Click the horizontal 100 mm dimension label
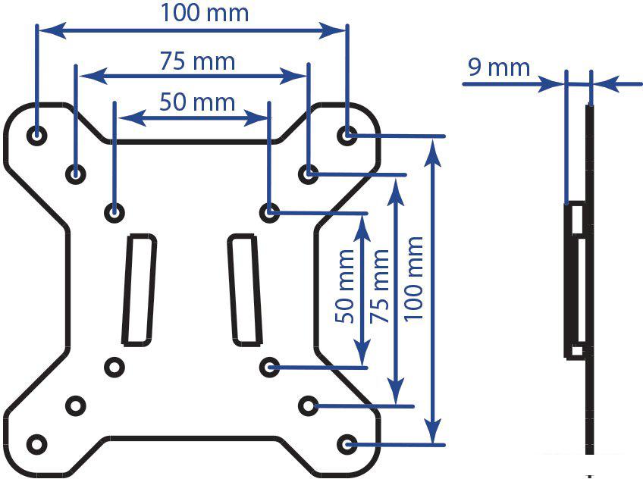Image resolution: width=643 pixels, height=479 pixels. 204,13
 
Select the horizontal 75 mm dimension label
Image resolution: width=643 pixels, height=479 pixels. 197,61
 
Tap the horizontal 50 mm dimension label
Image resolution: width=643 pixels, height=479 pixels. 197,102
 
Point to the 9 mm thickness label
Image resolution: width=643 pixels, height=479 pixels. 499,67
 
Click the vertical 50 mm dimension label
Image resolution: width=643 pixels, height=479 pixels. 344,286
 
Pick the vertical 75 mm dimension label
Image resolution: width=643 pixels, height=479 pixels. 379,286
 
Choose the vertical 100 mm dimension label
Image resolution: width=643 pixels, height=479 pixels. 413,279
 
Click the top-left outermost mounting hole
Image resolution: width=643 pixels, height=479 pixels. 36,135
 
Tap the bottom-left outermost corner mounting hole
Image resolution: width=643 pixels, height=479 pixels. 37,444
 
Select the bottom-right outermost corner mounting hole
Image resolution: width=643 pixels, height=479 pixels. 347,444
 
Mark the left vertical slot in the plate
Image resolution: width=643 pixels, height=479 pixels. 140,290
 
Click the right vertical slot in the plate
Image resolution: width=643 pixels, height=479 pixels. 245,290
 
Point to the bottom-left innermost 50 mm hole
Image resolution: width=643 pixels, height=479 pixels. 114,367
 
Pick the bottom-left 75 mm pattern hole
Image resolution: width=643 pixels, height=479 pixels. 76,405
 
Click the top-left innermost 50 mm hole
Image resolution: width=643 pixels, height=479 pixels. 114,212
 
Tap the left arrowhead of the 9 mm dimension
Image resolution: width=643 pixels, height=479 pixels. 551,84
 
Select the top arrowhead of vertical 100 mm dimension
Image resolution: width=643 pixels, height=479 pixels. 433,152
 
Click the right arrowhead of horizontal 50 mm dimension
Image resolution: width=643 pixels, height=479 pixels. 257,118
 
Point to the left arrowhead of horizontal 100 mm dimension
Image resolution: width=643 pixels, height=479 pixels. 52,31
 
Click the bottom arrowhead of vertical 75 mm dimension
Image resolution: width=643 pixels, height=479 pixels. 396,392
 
